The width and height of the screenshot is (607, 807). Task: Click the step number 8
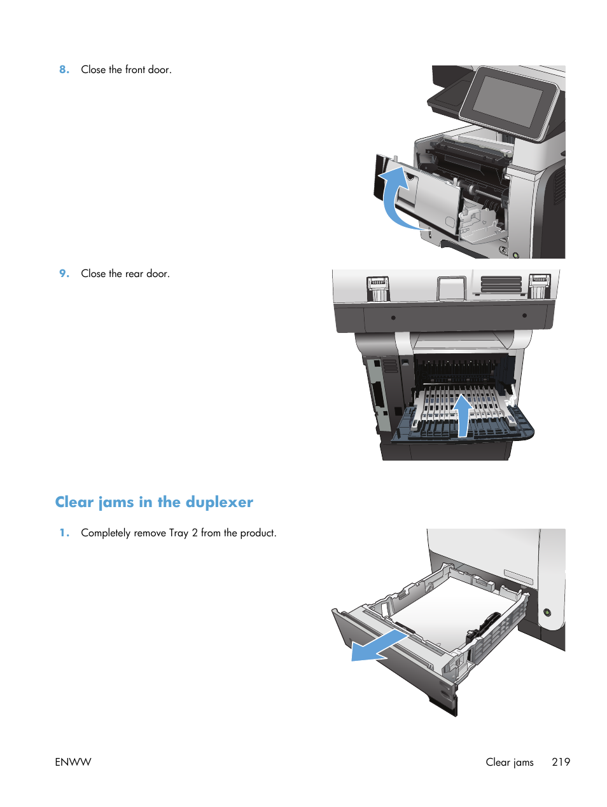(64, 70)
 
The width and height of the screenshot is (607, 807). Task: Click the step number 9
(64, 274)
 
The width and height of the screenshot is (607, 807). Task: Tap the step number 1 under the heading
(64, 533)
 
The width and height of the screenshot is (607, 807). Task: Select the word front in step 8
(135, 70)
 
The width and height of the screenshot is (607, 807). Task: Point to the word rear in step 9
(134, 274)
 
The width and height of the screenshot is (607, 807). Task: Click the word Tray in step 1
(179, 533)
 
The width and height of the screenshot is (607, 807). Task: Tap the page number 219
(561, 762)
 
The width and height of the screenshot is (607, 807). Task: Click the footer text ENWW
(73, 762)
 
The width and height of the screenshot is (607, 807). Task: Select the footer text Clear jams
(509, 762)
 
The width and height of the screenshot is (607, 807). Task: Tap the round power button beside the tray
(547, 613)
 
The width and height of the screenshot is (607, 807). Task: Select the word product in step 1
(258, 533)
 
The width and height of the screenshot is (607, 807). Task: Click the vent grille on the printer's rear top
(501, 284)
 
